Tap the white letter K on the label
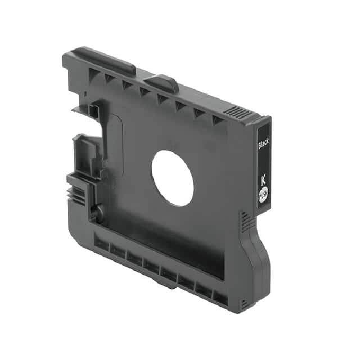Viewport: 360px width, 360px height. coord(263,179)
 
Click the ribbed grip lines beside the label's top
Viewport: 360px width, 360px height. coord(236,112)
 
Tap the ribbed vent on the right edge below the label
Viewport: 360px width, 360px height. coord(245,224)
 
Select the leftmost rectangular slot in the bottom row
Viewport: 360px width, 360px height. coord(102,244)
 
